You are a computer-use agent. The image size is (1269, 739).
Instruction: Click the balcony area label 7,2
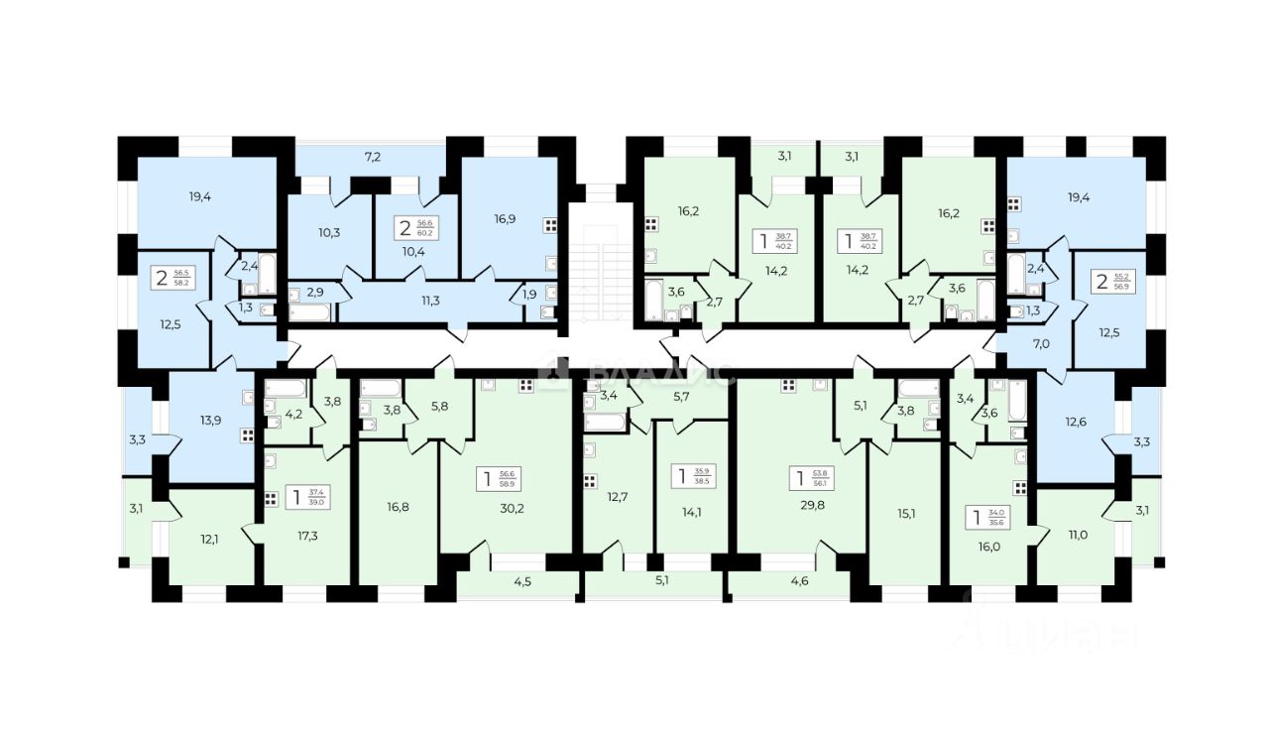click(373, 157)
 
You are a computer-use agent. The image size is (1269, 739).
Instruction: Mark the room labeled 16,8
click(399, 506)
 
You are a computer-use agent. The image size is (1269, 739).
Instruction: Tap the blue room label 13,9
click(209, 421)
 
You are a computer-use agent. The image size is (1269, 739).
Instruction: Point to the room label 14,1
click(687, 514)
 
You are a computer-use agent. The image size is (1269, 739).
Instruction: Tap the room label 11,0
click(1074, 535)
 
